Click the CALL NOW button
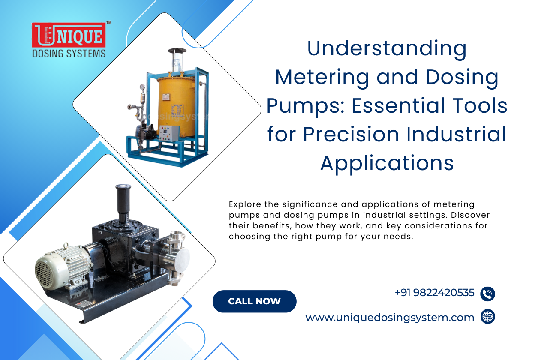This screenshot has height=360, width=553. click(x=254, y=301)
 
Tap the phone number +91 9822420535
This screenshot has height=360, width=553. click(x=434, y=293)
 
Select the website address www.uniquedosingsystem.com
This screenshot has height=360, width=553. click(x=390, y=318)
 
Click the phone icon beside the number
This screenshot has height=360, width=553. click(x=488, y=294)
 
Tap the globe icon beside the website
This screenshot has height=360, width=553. click(x=488, y=317)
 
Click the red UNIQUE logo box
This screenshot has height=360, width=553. click(x=68, y=35)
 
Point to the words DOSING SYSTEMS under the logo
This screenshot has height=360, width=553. click(x=69, y=54)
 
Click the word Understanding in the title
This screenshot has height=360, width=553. click(x=387, y=48)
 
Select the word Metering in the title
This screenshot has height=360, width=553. click(x=322, y=77)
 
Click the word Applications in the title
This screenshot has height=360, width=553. click(x=387, y=163)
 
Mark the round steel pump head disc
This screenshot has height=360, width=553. click(x=181, y=257)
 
